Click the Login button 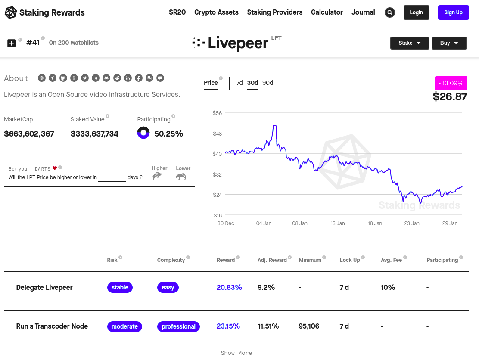(x=417, y=12)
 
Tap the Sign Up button (x=453, y=12)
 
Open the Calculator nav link (x=327, y=12)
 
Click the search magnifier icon (x=390, y=12)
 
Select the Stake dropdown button (x=410, y=43)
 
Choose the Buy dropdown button (x=449, y=43)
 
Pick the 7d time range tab (x=239, y=83)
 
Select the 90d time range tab (x=267, y=83)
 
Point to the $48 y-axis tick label (x=217, y=133)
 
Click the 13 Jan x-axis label (x=338, y=223)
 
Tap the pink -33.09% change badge (x=451, y=83)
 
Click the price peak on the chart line (x=275, y=125)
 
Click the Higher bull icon (x=157, y=176)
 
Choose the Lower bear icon (x=181, y=176)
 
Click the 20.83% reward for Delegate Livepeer (x=229, y=287)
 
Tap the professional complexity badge (x=178, y=326)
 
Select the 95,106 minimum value (x=309, y=326)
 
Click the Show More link (x=236, y=353)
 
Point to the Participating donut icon (x=143, y=133)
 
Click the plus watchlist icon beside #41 (x=11, y=43)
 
